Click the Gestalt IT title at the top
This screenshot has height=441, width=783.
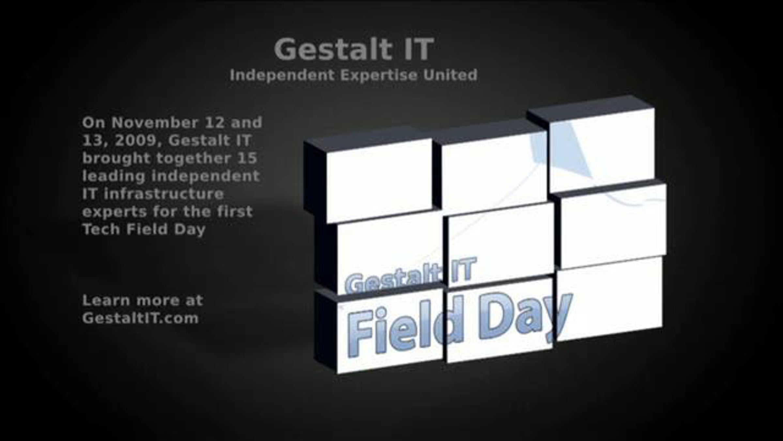[354, 49]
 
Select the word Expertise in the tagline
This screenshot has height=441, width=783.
[379, 75]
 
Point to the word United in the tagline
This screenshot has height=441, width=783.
[450, 75]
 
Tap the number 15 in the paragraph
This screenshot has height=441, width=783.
[247, 158]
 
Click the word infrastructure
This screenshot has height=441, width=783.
[164, 194]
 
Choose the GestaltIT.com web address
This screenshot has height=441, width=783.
[140, 318]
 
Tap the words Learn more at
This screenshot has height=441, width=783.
[143, 300]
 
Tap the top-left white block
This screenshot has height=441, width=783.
[379, 180]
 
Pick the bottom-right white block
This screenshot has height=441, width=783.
[610, 299]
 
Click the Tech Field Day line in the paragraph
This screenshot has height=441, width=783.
[144, 230]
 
